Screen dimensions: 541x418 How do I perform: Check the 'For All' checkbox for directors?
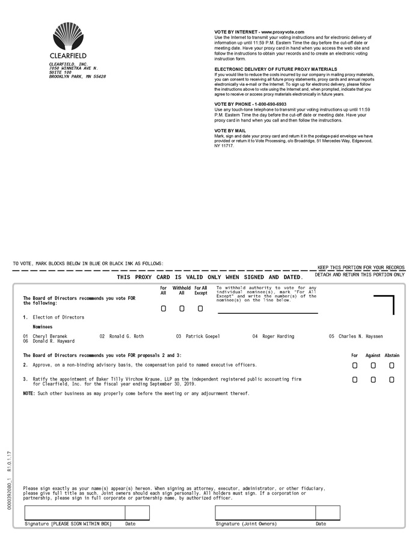(x=164, y=308)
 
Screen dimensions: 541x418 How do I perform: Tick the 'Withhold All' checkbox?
(x=182, y=308)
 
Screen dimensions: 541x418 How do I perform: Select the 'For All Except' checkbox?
(x=200, y=308)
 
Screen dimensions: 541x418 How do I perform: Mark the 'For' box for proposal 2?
(x=355, y=365)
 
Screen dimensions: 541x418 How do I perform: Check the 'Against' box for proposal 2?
(x=373, y=365)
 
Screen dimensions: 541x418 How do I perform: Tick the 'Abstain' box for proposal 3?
(x=392, y=380)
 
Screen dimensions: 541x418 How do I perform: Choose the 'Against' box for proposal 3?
(x=373, y=380)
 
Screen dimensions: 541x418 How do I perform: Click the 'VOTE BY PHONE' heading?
(x=242, y=104)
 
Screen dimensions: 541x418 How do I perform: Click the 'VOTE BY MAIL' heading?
(x=230, y=130)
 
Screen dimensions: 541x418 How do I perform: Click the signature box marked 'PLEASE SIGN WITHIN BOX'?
(x=75, y=513)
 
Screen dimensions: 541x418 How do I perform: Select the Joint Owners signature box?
(x=265, y=513)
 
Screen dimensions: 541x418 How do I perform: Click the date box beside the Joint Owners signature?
(x=327, y=513)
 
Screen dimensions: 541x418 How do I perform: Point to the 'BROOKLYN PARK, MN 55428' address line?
(x=78, y=76)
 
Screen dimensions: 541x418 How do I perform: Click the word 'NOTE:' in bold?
(x=29, y=393)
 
